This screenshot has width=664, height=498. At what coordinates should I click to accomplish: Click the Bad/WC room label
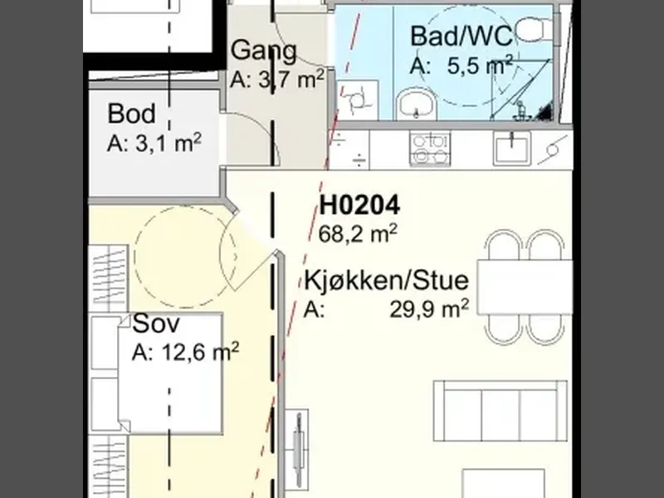click(x=461, y=36)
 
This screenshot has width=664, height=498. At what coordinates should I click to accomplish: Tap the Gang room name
click(x=263, y=51)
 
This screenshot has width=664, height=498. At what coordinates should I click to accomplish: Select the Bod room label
click(x=131, y=114)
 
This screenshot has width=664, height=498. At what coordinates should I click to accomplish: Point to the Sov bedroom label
click(x=156, y=324)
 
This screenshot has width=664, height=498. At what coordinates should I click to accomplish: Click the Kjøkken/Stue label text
click(x=387, y=281)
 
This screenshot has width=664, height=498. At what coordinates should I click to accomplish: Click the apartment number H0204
click(x=359, y=205)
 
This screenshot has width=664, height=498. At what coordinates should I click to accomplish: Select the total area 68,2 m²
click(x=358, y=234)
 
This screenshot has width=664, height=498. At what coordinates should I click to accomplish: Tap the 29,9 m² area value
click(x=429, y=309)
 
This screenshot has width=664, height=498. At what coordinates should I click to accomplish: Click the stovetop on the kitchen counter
click(x=430, y=149)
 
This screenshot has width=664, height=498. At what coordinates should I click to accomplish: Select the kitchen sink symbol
click(x=511, y=148)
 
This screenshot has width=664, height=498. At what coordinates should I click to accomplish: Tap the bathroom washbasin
click(x=416, y=103)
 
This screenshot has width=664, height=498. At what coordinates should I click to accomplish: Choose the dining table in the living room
click(x=525, y=287)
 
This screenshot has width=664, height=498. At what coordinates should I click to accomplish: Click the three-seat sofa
click(x=500, y=411)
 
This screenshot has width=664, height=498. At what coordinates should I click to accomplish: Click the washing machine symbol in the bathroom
click(x=359, y=100)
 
